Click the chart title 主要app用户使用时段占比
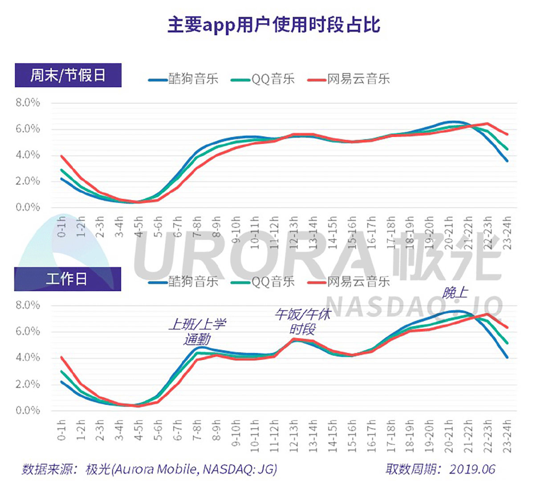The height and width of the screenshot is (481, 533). [x=273, y=25]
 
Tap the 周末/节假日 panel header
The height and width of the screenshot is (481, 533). [x=68, y=75]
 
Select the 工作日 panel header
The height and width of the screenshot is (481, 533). [x=67, y=279]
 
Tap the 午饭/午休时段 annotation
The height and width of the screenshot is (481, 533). [x=302, y=322]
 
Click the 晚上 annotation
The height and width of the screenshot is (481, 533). [x=455, y=293]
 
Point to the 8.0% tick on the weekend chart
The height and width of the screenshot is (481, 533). [x=28, y=103]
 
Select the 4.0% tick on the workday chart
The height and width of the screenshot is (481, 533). [x=28, y=358]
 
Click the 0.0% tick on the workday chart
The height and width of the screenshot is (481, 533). [x=28, y=410]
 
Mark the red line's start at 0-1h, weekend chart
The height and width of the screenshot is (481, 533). [x=61, y=156]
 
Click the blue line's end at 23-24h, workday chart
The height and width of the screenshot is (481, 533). [x=507, y=357]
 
